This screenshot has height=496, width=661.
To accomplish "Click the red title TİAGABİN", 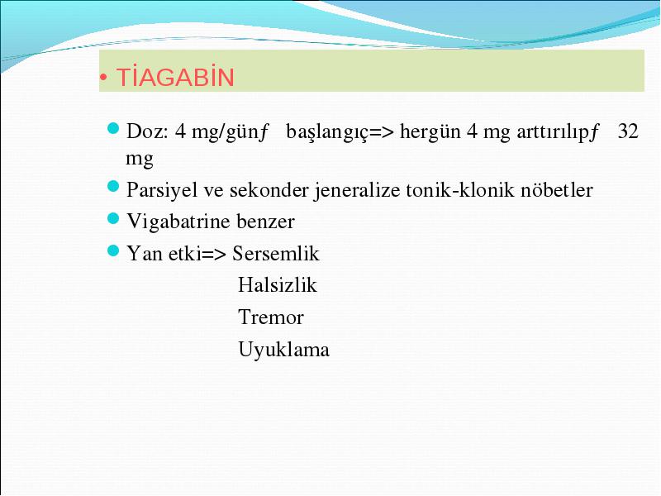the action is pos(175,77).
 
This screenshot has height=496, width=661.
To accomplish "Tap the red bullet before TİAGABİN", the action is pos(103,78).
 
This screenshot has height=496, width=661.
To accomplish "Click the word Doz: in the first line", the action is pos(147,131).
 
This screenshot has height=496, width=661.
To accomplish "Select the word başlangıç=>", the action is pos(340,132).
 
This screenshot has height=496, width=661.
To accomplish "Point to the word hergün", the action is pos(430,132).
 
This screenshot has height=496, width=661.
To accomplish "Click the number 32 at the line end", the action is pos(628,131).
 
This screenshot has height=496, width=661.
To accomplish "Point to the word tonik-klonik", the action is pos(460,190).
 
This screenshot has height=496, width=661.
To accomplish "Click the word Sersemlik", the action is pos(276,254).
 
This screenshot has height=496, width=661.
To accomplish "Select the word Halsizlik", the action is pos(277,285).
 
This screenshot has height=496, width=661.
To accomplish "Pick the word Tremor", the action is pos(271,317).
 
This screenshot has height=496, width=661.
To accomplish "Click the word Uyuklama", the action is pos(283,350).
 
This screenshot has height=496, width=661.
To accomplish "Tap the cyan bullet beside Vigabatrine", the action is pos(113,218).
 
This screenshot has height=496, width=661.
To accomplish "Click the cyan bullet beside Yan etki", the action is pos(113,250).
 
